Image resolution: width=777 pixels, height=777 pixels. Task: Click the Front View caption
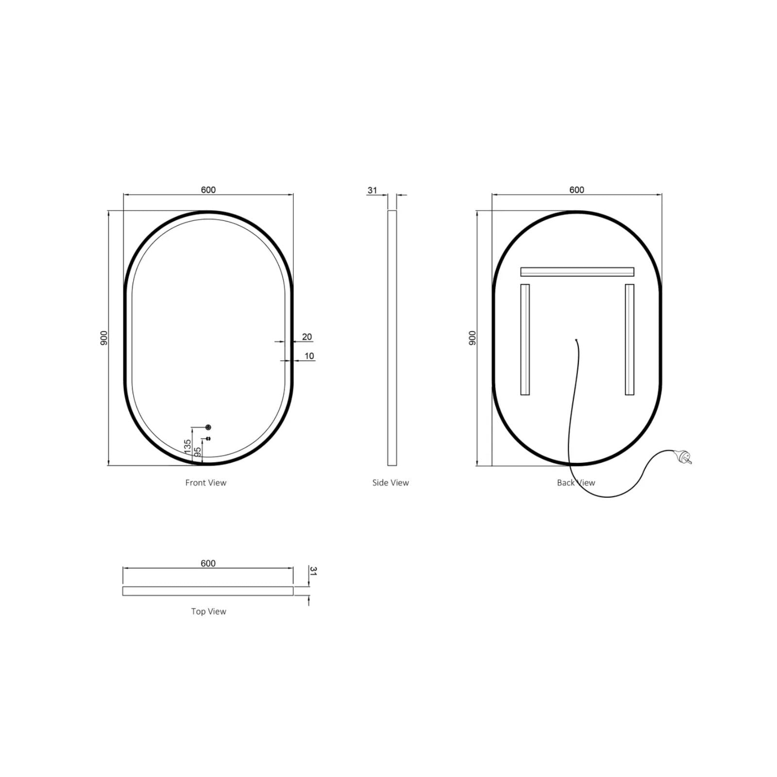coord(205,482)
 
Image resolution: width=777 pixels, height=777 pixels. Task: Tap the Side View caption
coord(390,482)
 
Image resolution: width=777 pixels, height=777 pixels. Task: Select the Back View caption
coord(575,482)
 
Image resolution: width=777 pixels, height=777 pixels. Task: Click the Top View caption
coord(208,611)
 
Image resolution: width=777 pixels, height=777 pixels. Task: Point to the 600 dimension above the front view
coord(208,189)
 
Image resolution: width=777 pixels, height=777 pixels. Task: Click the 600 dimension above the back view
coord(576,189)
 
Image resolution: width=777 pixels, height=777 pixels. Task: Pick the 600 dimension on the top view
coord(208,563)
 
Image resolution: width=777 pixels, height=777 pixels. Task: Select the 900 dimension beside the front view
coord(103,338)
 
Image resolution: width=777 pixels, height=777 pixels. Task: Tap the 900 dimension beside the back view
coord(472,338)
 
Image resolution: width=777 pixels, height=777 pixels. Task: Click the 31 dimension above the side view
coord(372,190)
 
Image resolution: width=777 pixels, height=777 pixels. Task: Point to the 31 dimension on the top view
coord(313,571)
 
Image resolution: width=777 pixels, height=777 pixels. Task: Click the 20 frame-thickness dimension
coord(307,337)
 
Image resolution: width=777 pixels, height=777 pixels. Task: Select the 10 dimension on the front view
coord(309,356)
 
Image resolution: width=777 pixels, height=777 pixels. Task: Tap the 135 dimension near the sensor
coord(187,446)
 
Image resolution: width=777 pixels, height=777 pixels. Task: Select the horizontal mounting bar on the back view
coord(577,271)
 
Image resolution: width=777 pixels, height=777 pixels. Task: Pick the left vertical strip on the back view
coord(525,339)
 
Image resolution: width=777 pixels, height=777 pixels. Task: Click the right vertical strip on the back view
coord(629,339)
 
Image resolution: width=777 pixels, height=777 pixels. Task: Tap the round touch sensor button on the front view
coord(208,427)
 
